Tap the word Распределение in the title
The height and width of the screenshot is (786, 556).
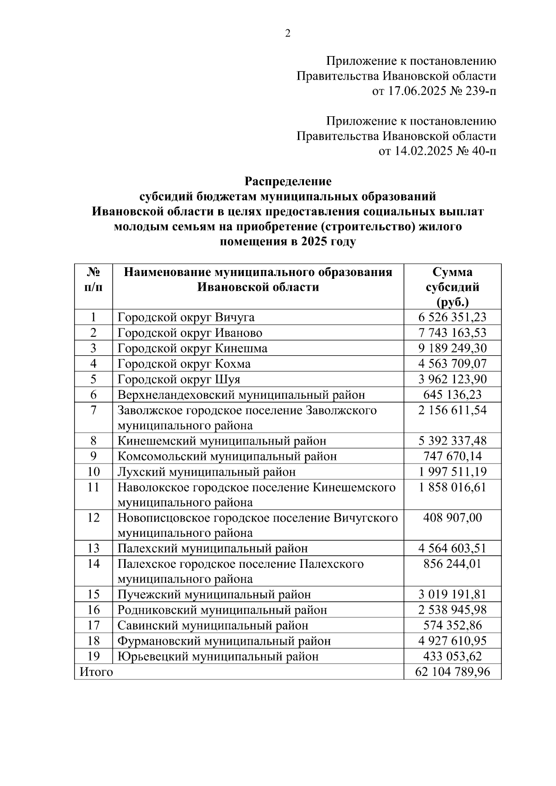[x=288, y=181]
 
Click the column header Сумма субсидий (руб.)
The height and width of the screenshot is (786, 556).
[x=452, y=287]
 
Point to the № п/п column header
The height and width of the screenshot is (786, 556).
[x=94, y=279]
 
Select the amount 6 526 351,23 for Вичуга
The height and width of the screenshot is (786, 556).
[x=452, y=317]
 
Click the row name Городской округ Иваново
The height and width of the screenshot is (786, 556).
[x=190, y=333]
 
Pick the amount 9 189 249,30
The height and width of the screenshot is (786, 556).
[x=452, y=348]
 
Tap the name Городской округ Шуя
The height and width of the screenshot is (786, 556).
[x=179, y=379]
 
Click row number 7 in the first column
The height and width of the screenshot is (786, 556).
[x=94, y=410]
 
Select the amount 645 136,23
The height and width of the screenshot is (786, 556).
[x=452, y=395]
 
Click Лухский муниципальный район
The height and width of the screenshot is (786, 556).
[x=207, y=472]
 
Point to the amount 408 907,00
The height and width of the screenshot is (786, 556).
[x=452, y=517]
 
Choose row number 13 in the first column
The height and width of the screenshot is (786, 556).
[x=94, y=548]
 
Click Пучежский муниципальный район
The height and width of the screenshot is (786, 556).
[x=214, y=595]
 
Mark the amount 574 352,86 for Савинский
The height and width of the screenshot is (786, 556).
[x=452, y=626]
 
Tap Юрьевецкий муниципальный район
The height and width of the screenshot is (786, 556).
[x=218, y=656]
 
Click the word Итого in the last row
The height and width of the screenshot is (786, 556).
[x=96, y=672]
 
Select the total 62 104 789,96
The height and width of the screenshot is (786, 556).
[x=452, y=672]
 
